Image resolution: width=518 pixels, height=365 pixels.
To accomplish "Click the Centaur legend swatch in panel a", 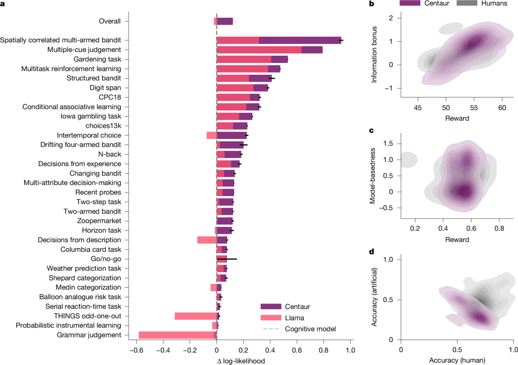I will click(270, 306).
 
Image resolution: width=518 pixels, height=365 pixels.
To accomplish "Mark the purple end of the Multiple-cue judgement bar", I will click(312, 49).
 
